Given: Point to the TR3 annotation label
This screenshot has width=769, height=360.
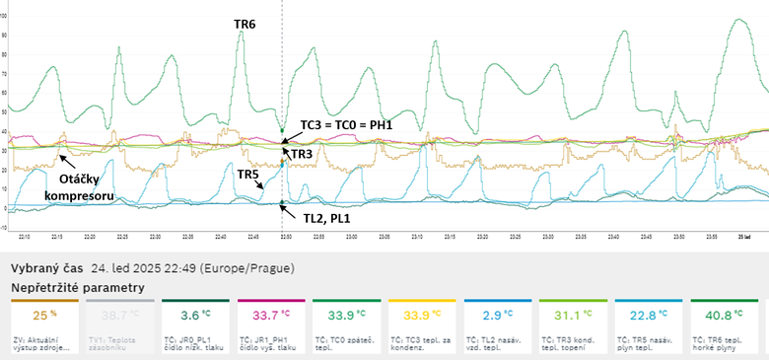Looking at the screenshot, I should (302, 154).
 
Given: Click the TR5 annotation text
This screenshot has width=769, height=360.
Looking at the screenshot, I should (248, 174).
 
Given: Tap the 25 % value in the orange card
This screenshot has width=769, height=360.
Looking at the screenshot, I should (40, 316).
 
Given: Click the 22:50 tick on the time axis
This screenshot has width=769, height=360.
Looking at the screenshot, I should (286, 238).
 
